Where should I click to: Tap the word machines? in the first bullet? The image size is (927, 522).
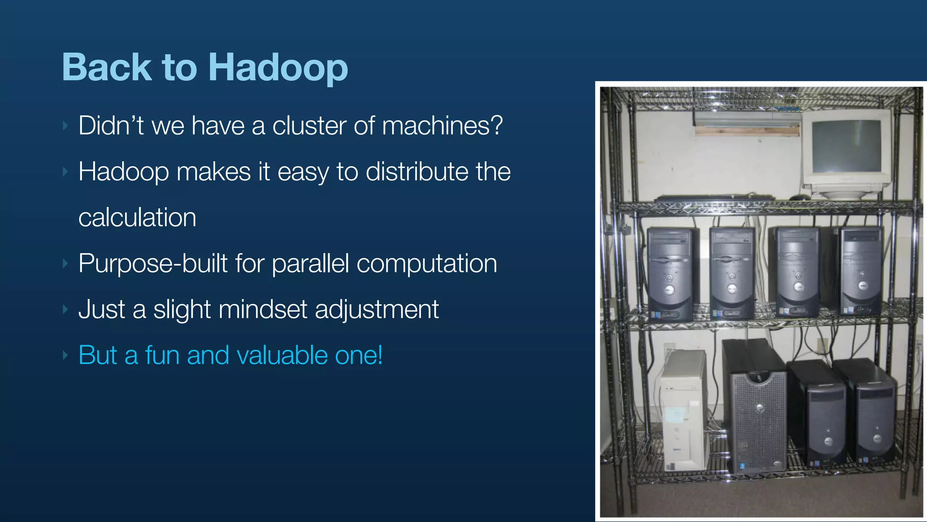point(442,126)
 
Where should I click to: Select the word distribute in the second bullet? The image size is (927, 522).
point(416,172)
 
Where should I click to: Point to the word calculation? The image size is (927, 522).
point(137,217)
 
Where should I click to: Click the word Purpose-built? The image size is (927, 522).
point(153,263)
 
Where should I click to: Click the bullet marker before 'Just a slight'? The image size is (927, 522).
point(66,309)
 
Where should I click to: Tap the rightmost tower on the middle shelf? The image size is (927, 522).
point(861,271)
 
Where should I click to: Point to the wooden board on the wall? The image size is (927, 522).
point(747,131)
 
